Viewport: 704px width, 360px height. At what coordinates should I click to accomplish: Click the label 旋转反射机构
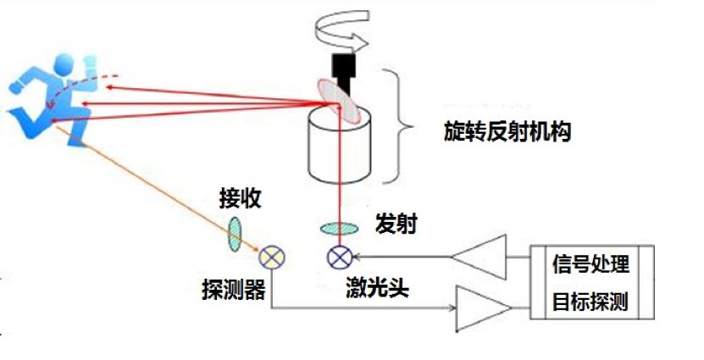(x=507, y=132)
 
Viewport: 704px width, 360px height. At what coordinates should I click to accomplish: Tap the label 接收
(x=241, y=198)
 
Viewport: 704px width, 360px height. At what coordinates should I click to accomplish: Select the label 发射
(x=396, y=224)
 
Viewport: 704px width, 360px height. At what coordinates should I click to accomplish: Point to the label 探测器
(x=234, y=290)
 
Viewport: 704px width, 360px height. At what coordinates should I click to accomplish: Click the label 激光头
(x=377, y=287)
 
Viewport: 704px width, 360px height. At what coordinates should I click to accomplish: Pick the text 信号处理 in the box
(x=590, y=264)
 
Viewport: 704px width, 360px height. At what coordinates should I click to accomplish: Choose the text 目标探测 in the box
(x=590, y=302)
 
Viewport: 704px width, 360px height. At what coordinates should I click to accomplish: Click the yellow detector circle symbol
(x=272, y=258)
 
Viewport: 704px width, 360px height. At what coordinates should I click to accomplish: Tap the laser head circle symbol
(x=340, y=258)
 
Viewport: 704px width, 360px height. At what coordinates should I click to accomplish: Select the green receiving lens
(x=235, y=234)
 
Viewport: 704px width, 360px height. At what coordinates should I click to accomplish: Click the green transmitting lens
(x=339, y=229)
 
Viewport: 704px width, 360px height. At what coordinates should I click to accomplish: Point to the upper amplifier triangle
(x=479, y=257)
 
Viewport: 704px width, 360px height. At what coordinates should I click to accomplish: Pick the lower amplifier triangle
(x=484, y=308)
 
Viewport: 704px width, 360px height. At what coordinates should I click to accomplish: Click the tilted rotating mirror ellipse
(x=339, y=101)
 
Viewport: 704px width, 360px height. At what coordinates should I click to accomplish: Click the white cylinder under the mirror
(x=339, y=146)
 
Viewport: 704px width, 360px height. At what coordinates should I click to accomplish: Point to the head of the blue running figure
(x=64, y=65)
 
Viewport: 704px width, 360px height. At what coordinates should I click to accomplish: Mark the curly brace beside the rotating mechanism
(x=397, y=126)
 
